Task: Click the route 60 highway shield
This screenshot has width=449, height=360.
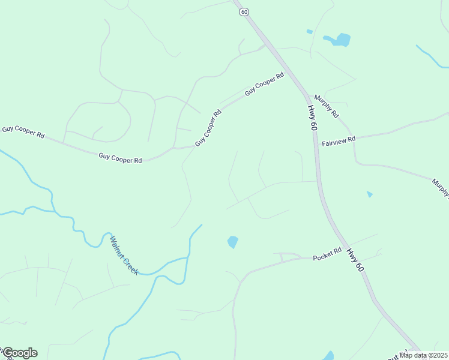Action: click(x=244, y=12)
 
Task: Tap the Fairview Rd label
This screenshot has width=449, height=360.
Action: click(x=339, y=141)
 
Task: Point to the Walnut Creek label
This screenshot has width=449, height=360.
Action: click(x=124, y=255)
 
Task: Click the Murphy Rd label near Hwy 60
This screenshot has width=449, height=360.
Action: click(x=326, y=106)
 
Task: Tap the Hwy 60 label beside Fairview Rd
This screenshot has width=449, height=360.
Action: click(x=313, y=118)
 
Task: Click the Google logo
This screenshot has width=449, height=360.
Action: click(x=20, y=353)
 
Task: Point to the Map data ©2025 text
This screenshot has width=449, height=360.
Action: click(x=423, y=355)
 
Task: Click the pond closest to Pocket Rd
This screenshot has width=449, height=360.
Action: click(x=232, y=242)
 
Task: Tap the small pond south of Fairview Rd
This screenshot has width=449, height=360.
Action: click(x=369, y=194)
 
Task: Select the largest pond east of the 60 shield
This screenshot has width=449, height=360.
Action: click(x=340, y=40)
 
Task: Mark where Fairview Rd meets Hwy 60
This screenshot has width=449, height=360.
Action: click(x=316, y=145)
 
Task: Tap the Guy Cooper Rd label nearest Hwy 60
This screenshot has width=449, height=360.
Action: click(x=264, y=85)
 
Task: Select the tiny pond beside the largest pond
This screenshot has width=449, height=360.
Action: click(x=310, y=31)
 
